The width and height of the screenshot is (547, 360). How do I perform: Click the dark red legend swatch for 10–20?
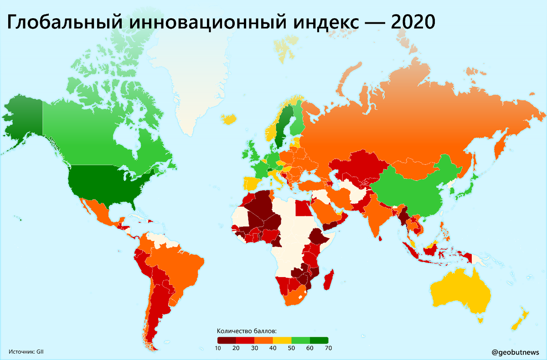coord(227,340)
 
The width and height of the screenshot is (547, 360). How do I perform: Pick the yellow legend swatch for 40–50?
coord(282,340)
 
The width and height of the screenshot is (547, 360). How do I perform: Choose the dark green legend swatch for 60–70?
coord(319,340)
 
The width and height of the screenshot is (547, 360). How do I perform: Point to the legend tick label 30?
coord(254,349)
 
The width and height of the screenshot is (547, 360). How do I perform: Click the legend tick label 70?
coord(328,349)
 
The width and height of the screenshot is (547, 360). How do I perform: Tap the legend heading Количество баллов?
coord(247,331)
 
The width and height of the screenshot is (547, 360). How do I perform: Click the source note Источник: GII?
coord(26,351)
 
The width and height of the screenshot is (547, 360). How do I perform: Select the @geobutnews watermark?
coord(516,352)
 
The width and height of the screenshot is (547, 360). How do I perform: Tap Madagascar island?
coord(329,279)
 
